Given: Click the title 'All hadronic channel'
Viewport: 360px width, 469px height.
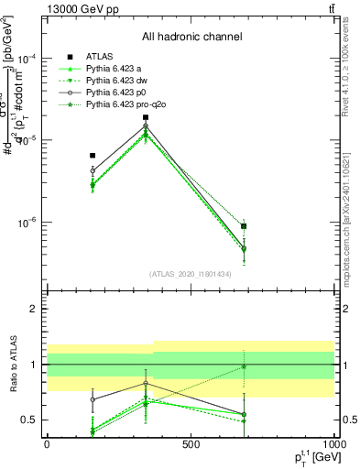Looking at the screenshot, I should (191, 38).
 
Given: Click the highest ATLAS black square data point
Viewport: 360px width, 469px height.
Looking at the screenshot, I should (146, 117).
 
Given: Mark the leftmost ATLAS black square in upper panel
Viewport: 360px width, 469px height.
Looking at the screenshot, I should (93, 156).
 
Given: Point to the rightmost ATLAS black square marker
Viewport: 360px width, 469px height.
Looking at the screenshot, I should (244, 226).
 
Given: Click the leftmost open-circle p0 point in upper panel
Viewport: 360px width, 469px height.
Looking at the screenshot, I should (93, 170).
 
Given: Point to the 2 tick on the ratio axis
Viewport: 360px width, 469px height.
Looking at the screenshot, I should (34, 309).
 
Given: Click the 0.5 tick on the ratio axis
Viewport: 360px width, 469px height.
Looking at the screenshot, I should (29, 420).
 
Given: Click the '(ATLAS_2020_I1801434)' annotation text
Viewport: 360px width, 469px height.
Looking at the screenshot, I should (191, 274).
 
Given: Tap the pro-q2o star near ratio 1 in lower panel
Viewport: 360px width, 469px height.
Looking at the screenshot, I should (244, 366).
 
